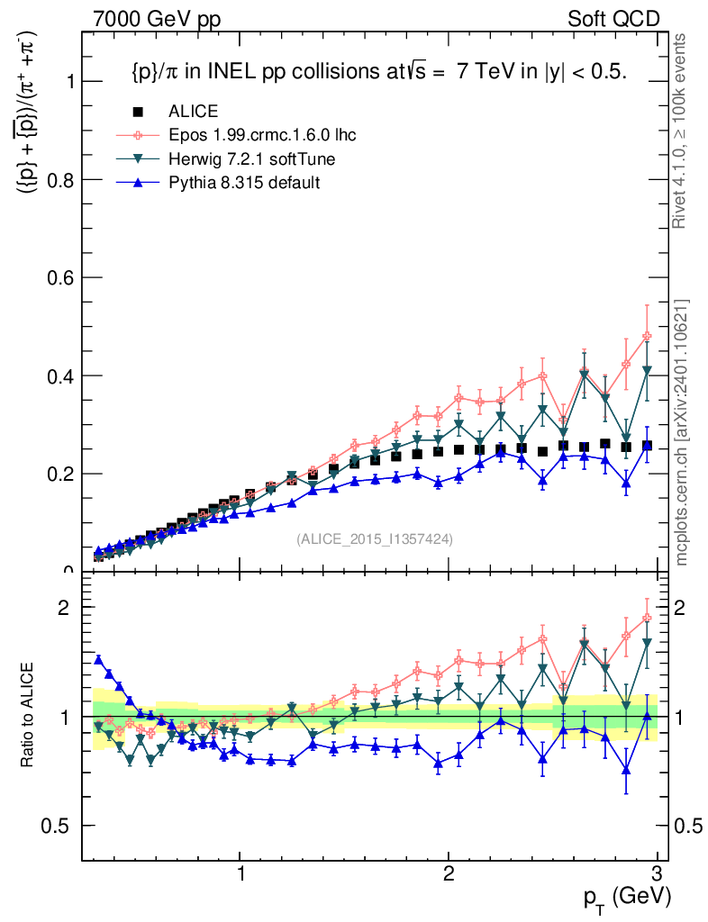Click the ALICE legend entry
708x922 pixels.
coord(193,113)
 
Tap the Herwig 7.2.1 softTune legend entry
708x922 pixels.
coord(251,159)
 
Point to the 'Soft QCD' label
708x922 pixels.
coord(613,20)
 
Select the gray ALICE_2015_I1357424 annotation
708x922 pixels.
coord(375,539)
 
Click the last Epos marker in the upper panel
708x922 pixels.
coord(647,337)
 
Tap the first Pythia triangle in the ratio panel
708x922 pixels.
coord(99,660)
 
